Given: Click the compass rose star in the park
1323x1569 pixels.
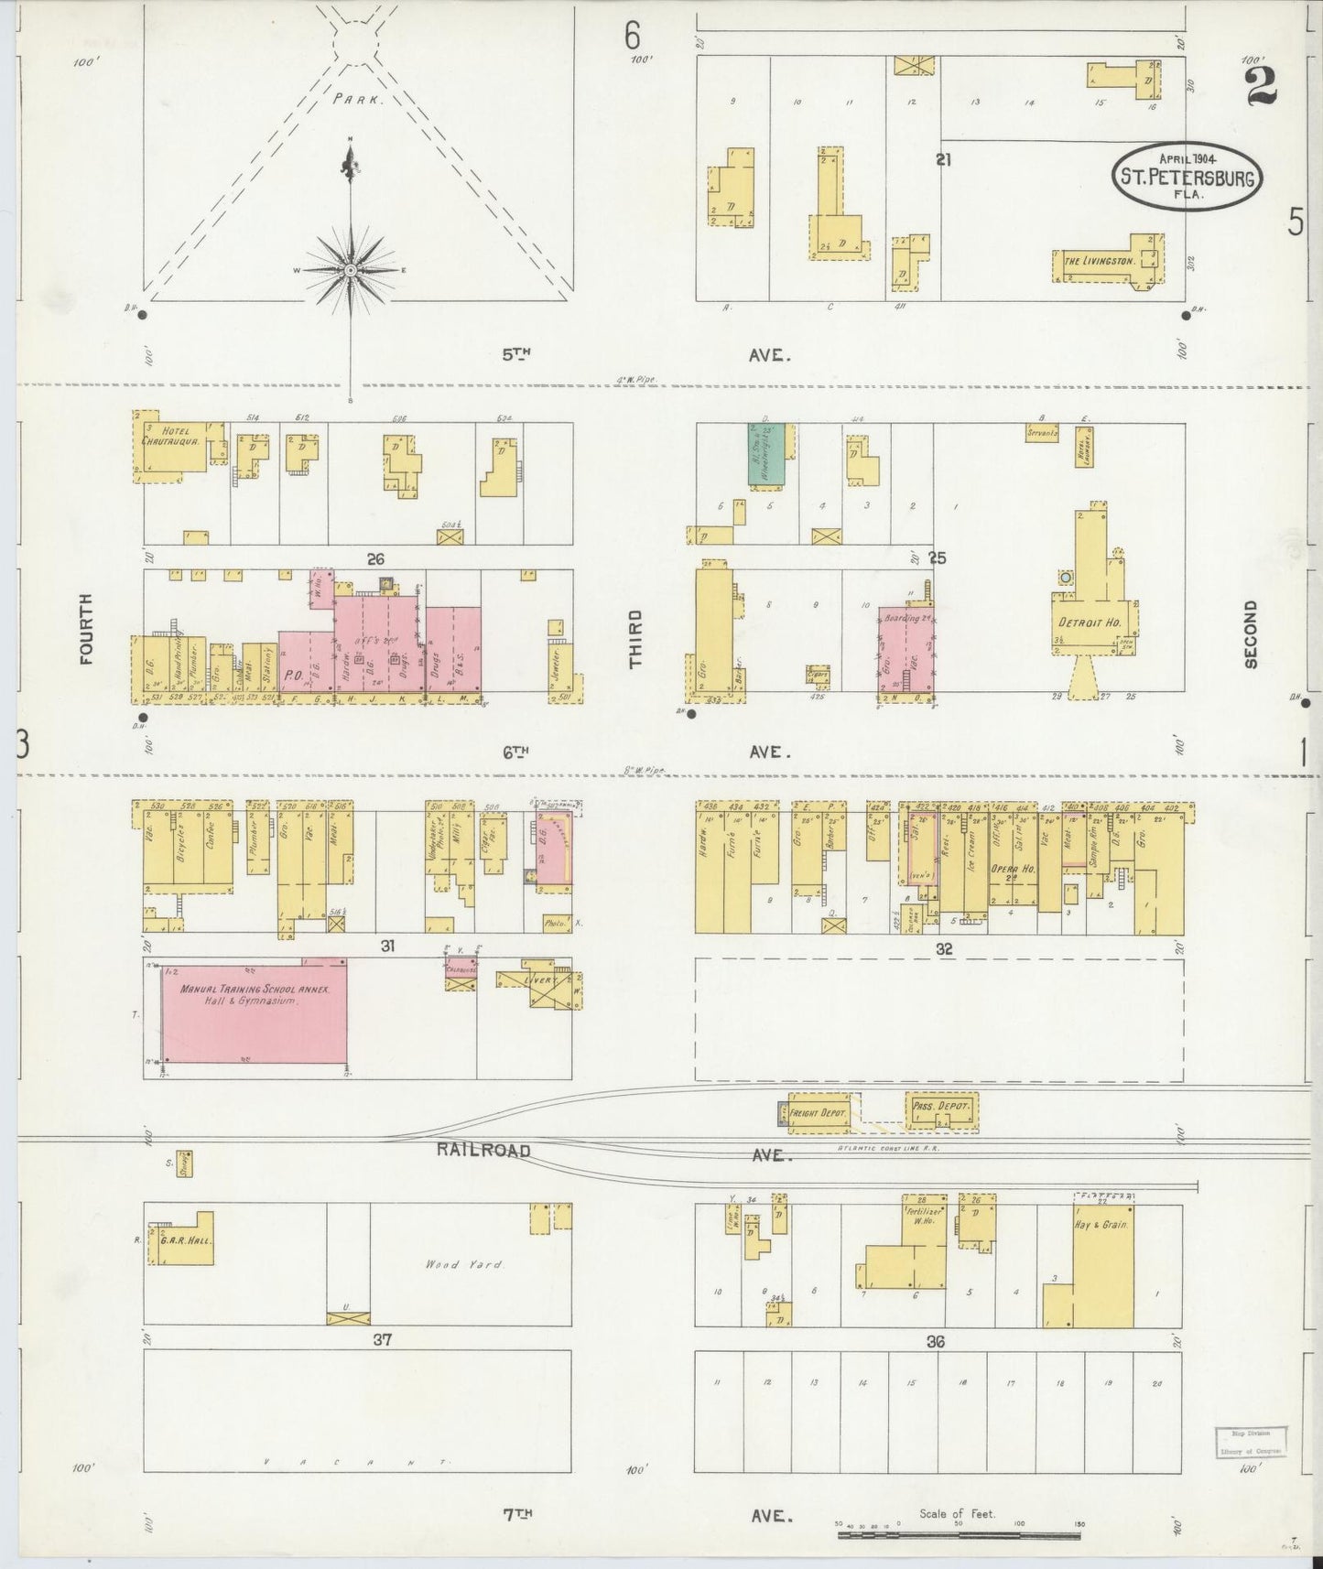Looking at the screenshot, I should coord(351,271).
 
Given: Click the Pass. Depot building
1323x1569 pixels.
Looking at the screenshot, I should coord(940,1107).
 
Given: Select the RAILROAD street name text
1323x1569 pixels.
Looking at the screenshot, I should coord(483,1150).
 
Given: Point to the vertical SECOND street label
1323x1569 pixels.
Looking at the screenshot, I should coord(1251,634).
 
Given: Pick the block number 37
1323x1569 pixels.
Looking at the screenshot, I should coord(382,1340).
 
